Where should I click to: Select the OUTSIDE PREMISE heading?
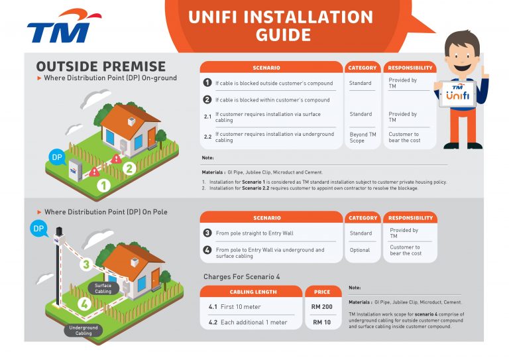[x=101, y=66]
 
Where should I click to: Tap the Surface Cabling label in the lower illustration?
[x=103, y=288]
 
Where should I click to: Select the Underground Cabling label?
[x=84, y=330]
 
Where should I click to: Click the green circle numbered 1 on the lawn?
[x=104, y=186]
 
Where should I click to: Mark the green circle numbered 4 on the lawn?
[x=84, y=305]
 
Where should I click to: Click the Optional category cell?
[x=361, y=250]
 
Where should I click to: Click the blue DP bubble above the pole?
[x=38, y=229]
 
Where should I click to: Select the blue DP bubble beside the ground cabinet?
[x=57, y=158]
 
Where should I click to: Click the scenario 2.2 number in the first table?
[x=207, y=137]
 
